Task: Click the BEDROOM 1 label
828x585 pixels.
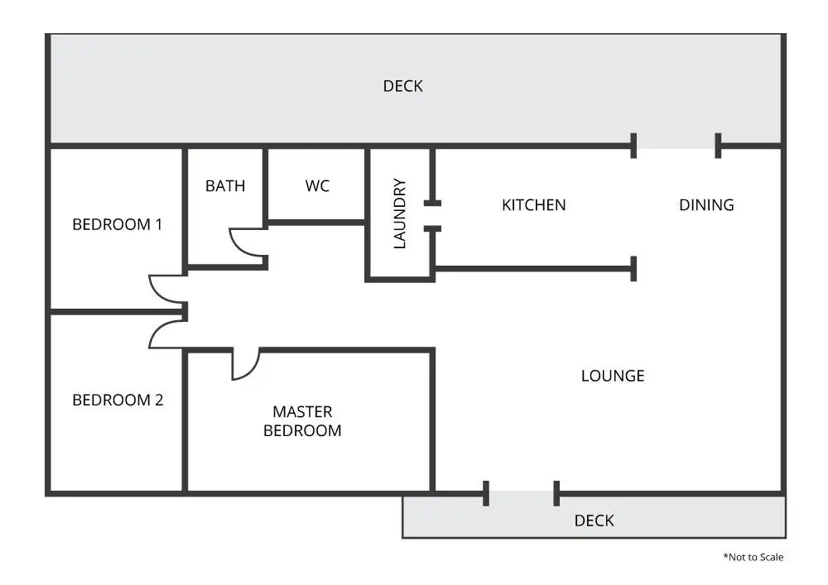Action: coord(118,224)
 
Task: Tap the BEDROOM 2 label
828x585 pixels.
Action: coord(118,400)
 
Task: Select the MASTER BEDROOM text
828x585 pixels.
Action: coord(302,421)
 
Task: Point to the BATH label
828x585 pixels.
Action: coord(225,186)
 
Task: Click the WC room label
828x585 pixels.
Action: coord(317,186)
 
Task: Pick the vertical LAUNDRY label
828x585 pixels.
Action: coord(400,213)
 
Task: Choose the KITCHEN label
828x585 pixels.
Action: coord(534,205)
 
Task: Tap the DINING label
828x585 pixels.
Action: coord(706,205)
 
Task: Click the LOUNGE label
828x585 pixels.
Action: coord(613,376)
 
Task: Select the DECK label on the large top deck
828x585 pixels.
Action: coord(403,86)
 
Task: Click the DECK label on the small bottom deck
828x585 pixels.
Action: coord(595,520)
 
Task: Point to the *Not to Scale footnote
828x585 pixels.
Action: coord(753,557)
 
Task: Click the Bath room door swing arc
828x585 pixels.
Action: coord(245,242)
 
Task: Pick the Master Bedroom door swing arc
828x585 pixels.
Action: coord(246,365)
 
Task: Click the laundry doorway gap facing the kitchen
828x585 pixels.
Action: coord(432,215)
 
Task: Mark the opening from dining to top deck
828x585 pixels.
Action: coord(676,146)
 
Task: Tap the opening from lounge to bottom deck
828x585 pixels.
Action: coord(522,494)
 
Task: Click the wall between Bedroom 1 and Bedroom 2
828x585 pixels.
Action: coord(116,313)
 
